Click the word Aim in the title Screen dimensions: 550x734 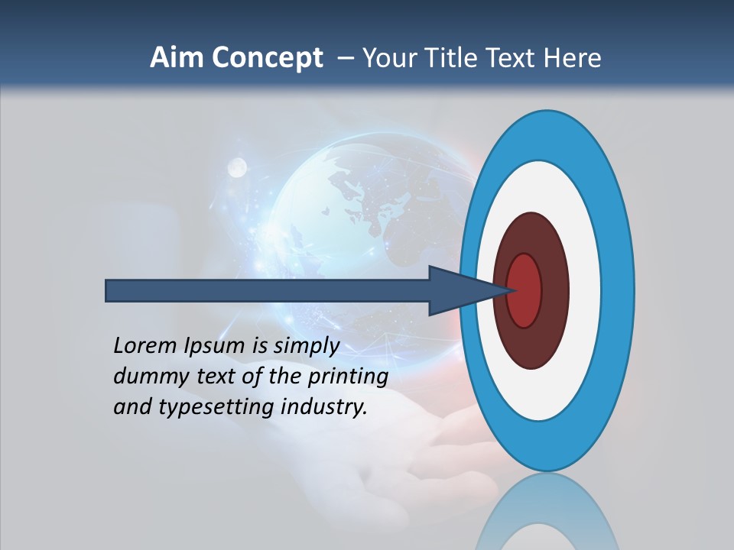click(176, 58)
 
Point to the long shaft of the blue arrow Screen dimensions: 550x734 click(268, 290)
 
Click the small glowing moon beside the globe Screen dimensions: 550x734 click(237, 167)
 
